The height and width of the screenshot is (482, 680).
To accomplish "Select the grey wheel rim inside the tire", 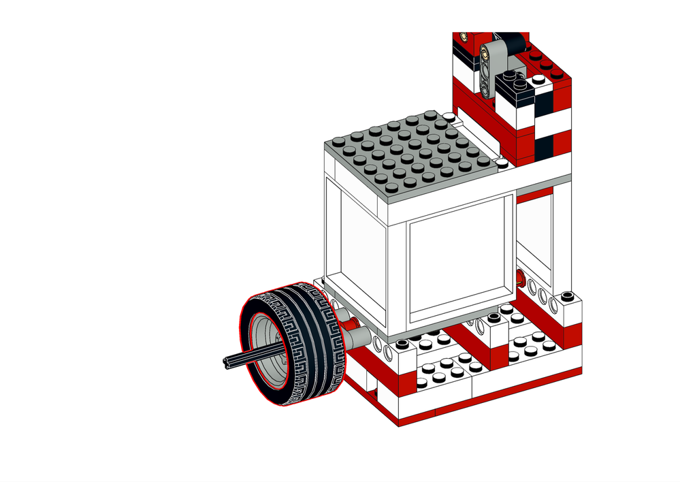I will point(268,347).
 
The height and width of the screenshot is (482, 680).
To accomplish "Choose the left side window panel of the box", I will point(354,238).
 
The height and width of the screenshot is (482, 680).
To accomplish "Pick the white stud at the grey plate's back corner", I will point(447,118).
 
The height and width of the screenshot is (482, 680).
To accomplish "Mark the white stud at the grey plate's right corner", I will point(502,163).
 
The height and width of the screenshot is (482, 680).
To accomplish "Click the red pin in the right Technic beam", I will point(520,278).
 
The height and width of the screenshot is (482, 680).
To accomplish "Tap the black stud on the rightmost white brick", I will point(566,297).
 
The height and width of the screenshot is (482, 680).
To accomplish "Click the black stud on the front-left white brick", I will point(402,342).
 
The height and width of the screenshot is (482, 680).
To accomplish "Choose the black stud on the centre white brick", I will point(493,319).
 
